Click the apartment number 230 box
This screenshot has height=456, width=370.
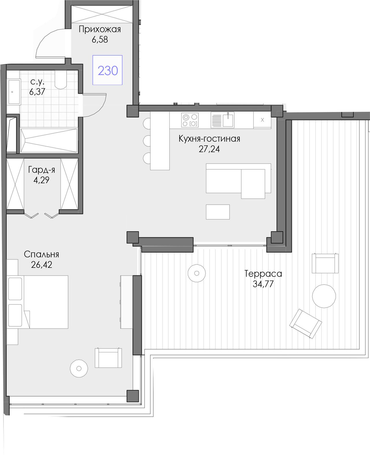(x=108, y=70)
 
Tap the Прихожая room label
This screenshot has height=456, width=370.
(x=100, y=29)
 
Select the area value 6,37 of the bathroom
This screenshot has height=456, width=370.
(x=37, y=91)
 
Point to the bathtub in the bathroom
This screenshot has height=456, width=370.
(x=49, y=140)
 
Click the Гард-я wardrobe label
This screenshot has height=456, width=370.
(x=42, y=170)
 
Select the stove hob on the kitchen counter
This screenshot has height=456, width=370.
(x=190, y=120)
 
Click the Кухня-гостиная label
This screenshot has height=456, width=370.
(x=209, y=139)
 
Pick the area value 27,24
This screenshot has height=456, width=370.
(x=209, y=149)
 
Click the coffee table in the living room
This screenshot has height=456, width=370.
(x=218, y=212)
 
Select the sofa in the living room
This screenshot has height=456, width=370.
(x=238, y=181)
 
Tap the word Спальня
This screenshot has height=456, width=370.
(x=41, y=254)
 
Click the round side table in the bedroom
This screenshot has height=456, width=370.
(x=79, y=369)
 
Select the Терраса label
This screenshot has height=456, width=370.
(x=263, y=274)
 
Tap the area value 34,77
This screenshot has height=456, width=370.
(x=263, y=284)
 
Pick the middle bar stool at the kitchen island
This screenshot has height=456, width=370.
(x=147, y=141)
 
